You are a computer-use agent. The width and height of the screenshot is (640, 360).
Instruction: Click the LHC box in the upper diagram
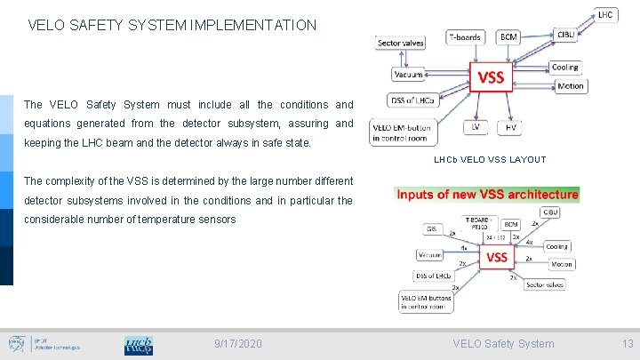pyautogui.click(x=604, y=14)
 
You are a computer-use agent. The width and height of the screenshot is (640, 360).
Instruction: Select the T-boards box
pyautogui.click(x=466, y=36)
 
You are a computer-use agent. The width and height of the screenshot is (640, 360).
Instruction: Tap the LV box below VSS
pyautogui.click(x=475, y=127)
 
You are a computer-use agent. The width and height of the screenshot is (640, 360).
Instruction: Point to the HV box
pyautogui.click(x=510, y=127)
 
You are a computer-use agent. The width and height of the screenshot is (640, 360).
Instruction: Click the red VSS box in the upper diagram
pyautogui.click(x=492, y=77)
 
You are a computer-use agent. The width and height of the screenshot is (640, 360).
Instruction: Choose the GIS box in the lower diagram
pyautogui.click(x=431, y=228)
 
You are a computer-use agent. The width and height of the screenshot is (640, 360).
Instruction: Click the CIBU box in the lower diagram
pyautogui.click(x=551, y=212)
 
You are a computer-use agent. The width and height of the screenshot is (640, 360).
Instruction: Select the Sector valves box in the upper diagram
pyautogui.click(x=400, y=42)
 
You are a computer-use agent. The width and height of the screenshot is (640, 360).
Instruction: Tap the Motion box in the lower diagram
pyautogui.click(x=561, y=263)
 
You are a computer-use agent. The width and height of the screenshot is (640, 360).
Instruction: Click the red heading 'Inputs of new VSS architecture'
pyautogui.click(x=487, y=194)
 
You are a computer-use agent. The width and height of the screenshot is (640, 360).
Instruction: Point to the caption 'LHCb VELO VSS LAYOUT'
pyautogui.click(x=490, y=160)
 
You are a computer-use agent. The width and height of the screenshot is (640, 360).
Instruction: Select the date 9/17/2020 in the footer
pyautogui.click(x=238, y=343)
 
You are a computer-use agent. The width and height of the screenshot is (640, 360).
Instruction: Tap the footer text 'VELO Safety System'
pyautogui.click(x=503, y=343)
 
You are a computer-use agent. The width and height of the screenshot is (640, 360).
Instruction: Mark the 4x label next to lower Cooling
pyautogui.click(x=530, y=241)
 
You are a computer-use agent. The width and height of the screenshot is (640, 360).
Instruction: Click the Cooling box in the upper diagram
pyautogui.click(x=564, y=67)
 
